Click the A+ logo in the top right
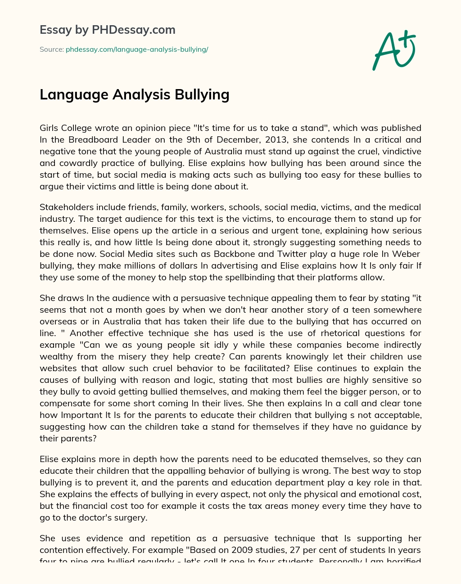tap(394, 50)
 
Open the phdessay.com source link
tap(137, 49)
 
